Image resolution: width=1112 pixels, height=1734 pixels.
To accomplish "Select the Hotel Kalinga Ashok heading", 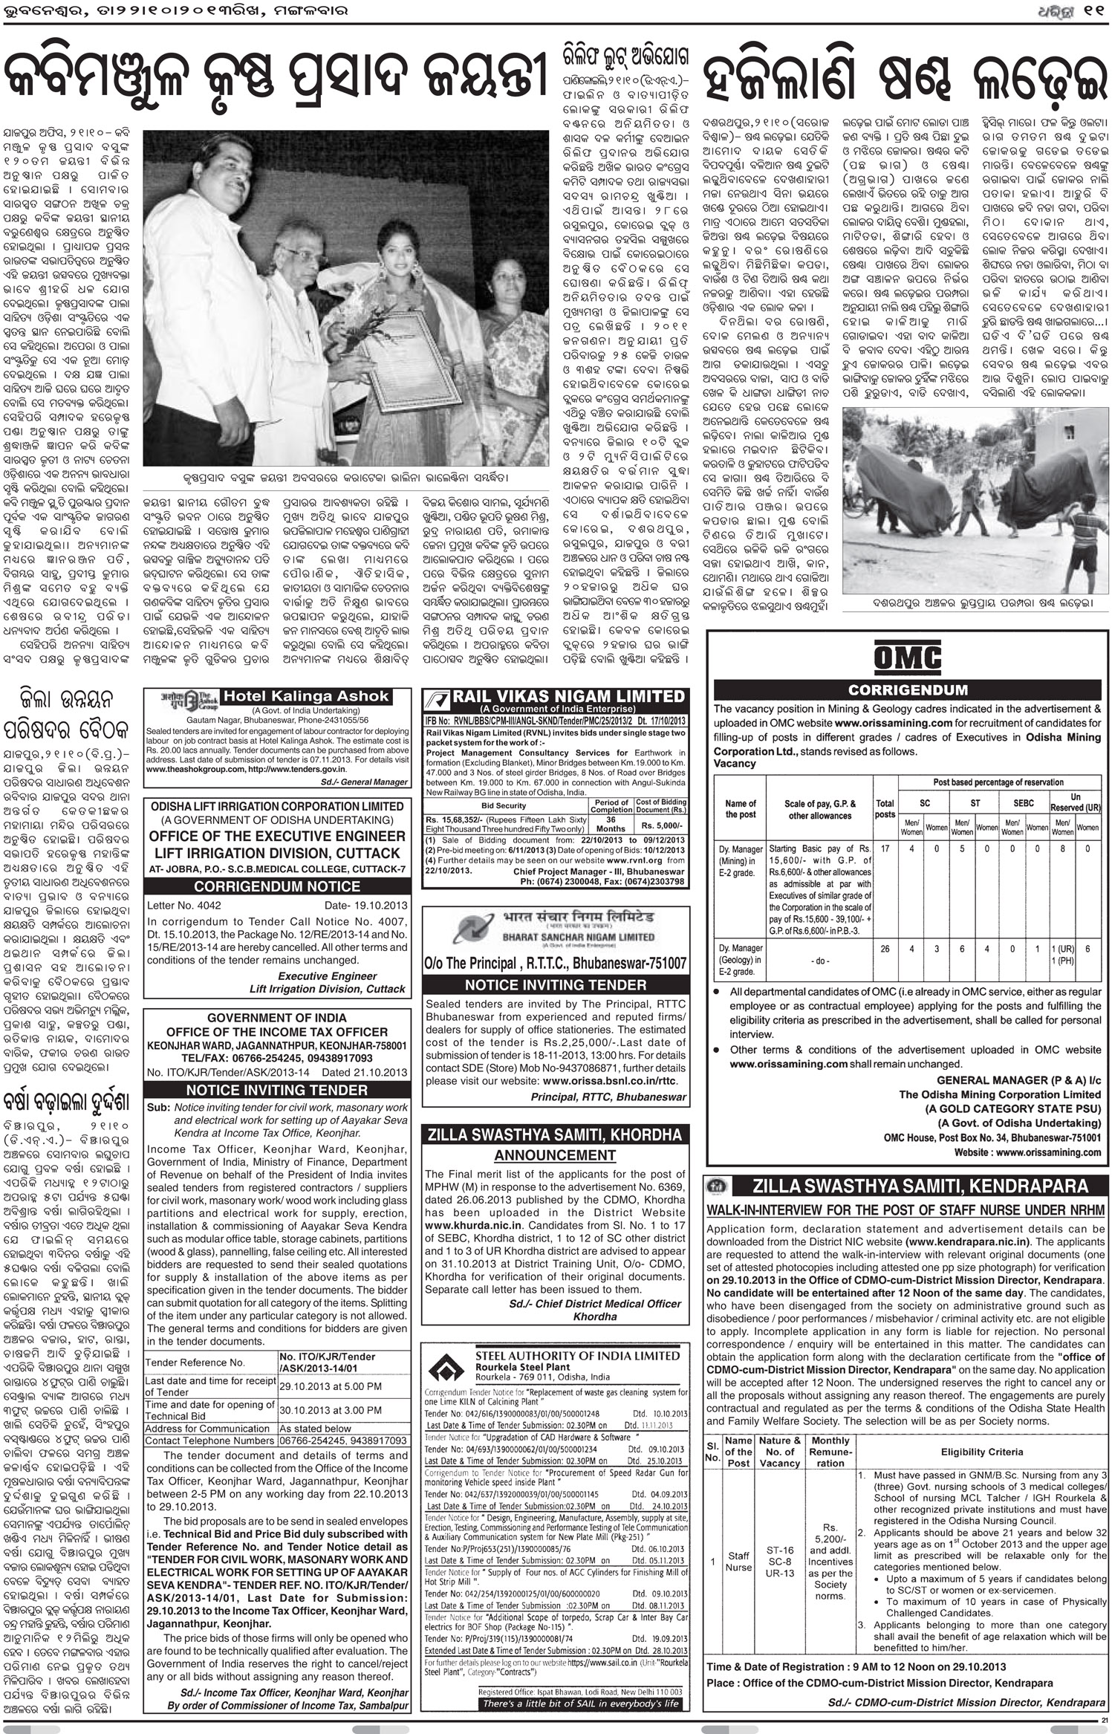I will tap(306, 696).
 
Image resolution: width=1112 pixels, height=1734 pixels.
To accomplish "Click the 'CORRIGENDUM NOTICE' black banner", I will tap(277, 886).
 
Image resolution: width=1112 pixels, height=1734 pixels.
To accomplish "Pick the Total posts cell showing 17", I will tap(884, 848).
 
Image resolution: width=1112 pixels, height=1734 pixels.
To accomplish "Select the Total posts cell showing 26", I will tap(884, 949).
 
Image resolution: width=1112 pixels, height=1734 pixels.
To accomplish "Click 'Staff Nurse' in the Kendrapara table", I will tap(738, 1560).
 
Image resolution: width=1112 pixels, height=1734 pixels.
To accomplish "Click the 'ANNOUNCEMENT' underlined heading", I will tap(555, 1155).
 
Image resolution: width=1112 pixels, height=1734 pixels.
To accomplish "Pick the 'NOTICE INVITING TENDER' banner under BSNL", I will tap(555, 985).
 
